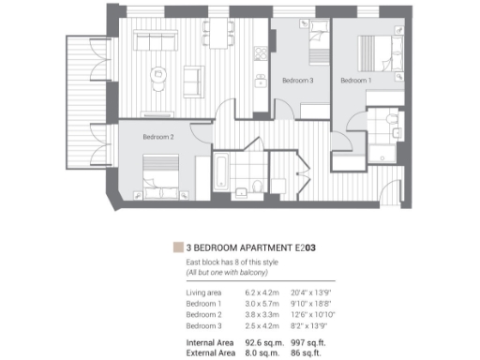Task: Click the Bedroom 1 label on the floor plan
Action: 355,81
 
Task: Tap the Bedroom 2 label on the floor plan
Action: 158,137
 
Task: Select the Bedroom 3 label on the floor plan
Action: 298,81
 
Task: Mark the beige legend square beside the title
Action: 178,247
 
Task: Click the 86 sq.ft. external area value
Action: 308,353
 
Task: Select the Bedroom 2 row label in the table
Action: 205,315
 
